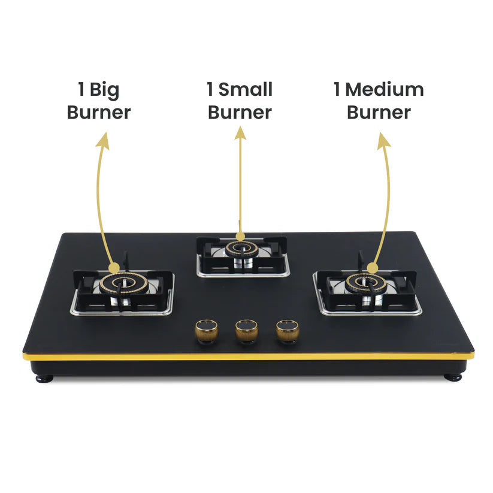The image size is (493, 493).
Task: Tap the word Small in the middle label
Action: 246,90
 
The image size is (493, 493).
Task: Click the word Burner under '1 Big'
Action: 99,112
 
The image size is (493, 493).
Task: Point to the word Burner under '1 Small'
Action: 240,112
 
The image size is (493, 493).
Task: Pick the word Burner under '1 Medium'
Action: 379,112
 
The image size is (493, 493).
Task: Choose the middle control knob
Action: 246,330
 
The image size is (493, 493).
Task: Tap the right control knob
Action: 287,330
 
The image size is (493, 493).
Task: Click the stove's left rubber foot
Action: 44,378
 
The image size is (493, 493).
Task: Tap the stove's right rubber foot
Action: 453,377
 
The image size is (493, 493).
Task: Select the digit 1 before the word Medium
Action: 338,90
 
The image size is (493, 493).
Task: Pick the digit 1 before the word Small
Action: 210,90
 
